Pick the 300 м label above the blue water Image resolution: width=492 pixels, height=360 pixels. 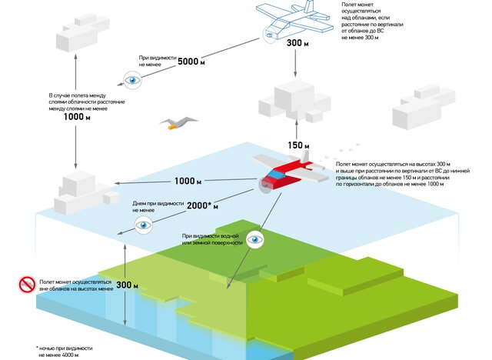point(128,285)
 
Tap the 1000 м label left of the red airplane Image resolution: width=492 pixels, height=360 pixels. point(188,182)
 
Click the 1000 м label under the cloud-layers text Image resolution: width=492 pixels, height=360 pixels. point(76,117)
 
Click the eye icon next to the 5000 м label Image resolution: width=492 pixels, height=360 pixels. point(133,78)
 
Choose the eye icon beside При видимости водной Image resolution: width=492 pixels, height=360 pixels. point(254,240)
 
